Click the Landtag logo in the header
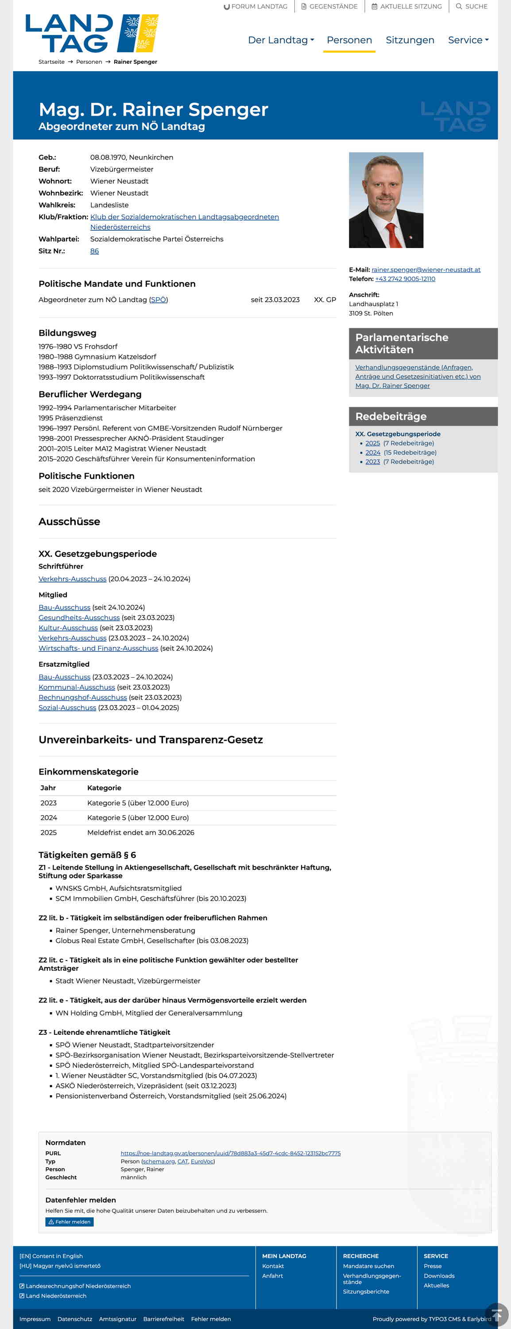92,34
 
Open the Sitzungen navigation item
410,40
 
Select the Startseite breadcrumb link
51,62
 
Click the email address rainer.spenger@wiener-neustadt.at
426,270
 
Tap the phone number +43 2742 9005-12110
405,279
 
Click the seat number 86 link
94,251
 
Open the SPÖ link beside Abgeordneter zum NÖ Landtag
158,300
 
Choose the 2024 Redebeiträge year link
372,452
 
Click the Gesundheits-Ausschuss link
79,618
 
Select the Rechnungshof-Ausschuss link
82,698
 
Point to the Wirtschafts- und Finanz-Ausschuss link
98,649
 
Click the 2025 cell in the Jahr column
48,833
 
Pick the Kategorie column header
104,788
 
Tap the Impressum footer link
35,1319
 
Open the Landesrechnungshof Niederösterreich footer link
78,1286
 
